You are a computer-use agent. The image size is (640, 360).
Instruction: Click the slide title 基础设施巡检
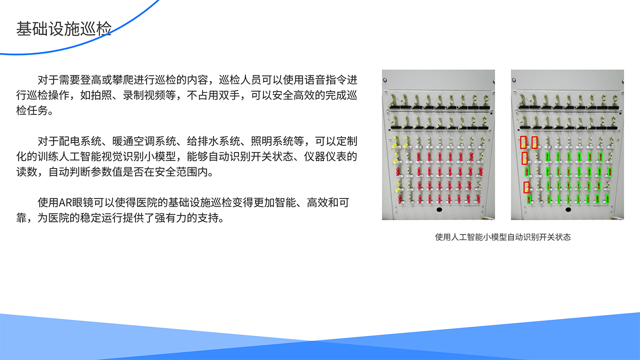tap(63, 28)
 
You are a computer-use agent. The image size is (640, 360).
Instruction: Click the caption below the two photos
tap(502, 237)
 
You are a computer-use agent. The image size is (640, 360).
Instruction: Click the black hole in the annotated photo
tap(568, 209)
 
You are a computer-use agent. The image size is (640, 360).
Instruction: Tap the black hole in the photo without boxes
tap(439, 209)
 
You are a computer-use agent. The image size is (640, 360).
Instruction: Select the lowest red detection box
tap(526, 188)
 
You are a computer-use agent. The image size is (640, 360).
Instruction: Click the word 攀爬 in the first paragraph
tap(112, 79)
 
